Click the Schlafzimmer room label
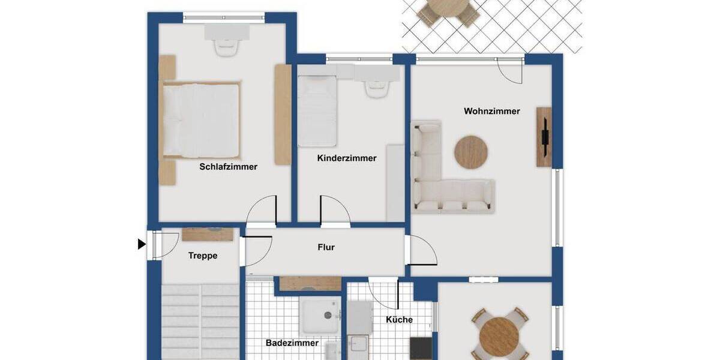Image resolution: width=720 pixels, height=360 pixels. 228,167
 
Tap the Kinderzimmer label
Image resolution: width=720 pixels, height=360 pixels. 347,158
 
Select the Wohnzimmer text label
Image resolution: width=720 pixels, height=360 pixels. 491,111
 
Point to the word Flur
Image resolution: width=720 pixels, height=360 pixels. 326,247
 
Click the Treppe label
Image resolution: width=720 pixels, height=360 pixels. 203,256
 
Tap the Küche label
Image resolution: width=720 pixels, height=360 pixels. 399,320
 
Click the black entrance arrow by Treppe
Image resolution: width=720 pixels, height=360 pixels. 142,244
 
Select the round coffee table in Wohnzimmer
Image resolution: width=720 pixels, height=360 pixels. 471,151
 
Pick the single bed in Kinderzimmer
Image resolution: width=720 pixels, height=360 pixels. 317,111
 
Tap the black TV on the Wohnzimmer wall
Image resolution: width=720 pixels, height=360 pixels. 544,136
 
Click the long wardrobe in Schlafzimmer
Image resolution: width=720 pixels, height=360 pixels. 283,114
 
